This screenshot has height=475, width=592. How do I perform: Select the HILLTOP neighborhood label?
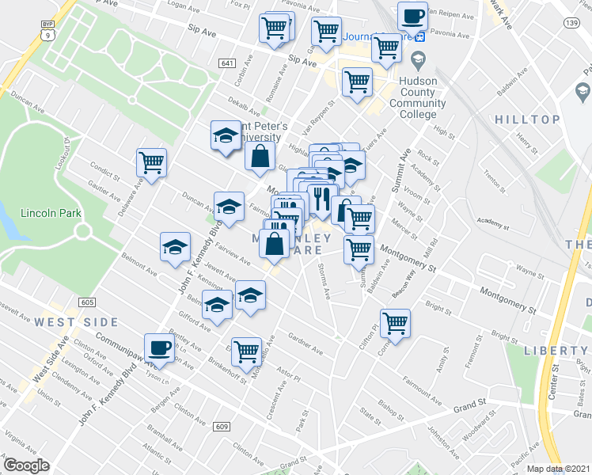click(527, 120)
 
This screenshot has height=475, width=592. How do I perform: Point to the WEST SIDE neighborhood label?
click(76, 322)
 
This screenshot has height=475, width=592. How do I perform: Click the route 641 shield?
click(227, 63)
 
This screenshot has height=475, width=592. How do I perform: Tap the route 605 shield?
click(87, 302)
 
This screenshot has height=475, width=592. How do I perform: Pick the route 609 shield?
click(222, 427)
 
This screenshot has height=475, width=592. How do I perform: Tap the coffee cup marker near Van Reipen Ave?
click(412, 16)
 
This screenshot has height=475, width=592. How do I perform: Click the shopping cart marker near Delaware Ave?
click(151, 162)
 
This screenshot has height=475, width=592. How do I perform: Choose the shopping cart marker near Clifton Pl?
click(395, 322)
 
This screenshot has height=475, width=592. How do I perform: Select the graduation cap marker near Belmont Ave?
click(175, 247)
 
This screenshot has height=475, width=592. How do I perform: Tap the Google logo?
click(26, 465)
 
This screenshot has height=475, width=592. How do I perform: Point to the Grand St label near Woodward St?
click(469, 406)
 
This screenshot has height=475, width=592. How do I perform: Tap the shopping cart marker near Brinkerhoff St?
click(247, 348)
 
